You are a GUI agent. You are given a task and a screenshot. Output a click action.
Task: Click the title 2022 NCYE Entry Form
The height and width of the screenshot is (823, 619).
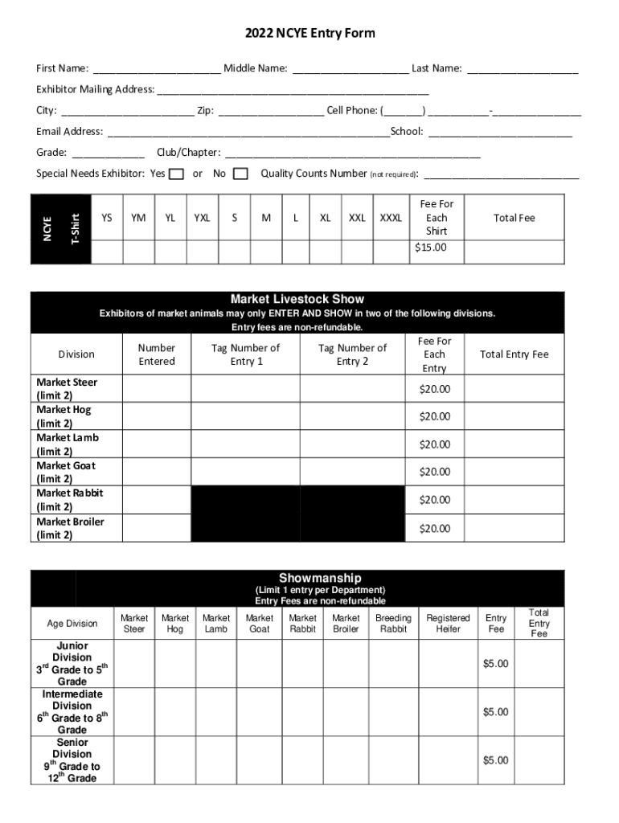click(309, 34)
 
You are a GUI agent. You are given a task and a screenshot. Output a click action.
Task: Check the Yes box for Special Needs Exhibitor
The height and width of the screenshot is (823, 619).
click(177, 174)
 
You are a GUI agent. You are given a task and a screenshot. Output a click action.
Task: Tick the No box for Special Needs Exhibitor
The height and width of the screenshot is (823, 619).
click(240, 174)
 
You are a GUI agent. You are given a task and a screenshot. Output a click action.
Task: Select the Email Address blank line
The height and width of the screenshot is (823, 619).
click(248, 133)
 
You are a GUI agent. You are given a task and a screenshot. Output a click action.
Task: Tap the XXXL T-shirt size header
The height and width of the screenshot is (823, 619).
click(391, 218)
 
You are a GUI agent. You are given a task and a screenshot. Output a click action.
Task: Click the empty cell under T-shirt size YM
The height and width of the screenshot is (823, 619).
click(138, 252)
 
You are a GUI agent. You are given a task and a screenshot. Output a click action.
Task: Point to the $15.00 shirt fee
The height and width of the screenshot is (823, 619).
click(430, 248)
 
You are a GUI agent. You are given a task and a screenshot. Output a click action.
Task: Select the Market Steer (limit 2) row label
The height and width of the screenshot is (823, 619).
click(67, 389)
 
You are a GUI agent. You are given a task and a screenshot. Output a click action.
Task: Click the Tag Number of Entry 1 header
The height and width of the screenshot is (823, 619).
click(245, 354)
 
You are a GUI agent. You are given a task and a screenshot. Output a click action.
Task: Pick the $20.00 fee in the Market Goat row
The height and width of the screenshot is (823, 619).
click(434, 472)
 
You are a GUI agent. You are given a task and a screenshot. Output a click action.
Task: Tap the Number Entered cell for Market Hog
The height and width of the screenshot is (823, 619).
click(156, 416)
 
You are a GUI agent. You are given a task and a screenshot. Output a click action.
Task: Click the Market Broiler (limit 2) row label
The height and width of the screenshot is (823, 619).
click(70, 528)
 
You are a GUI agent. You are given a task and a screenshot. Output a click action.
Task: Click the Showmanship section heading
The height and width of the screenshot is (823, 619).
click(320, 578)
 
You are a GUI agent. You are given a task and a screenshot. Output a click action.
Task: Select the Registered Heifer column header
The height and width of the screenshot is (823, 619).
click(448, 623)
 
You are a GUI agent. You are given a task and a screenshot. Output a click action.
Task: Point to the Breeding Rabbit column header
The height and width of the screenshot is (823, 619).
click(393, 623)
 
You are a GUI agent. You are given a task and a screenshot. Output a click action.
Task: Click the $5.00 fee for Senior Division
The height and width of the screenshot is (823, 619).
click(495, 760)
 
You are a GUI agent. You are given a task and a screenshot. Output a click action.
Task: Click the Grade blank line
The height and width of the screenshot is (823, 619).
click(108, 154)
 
